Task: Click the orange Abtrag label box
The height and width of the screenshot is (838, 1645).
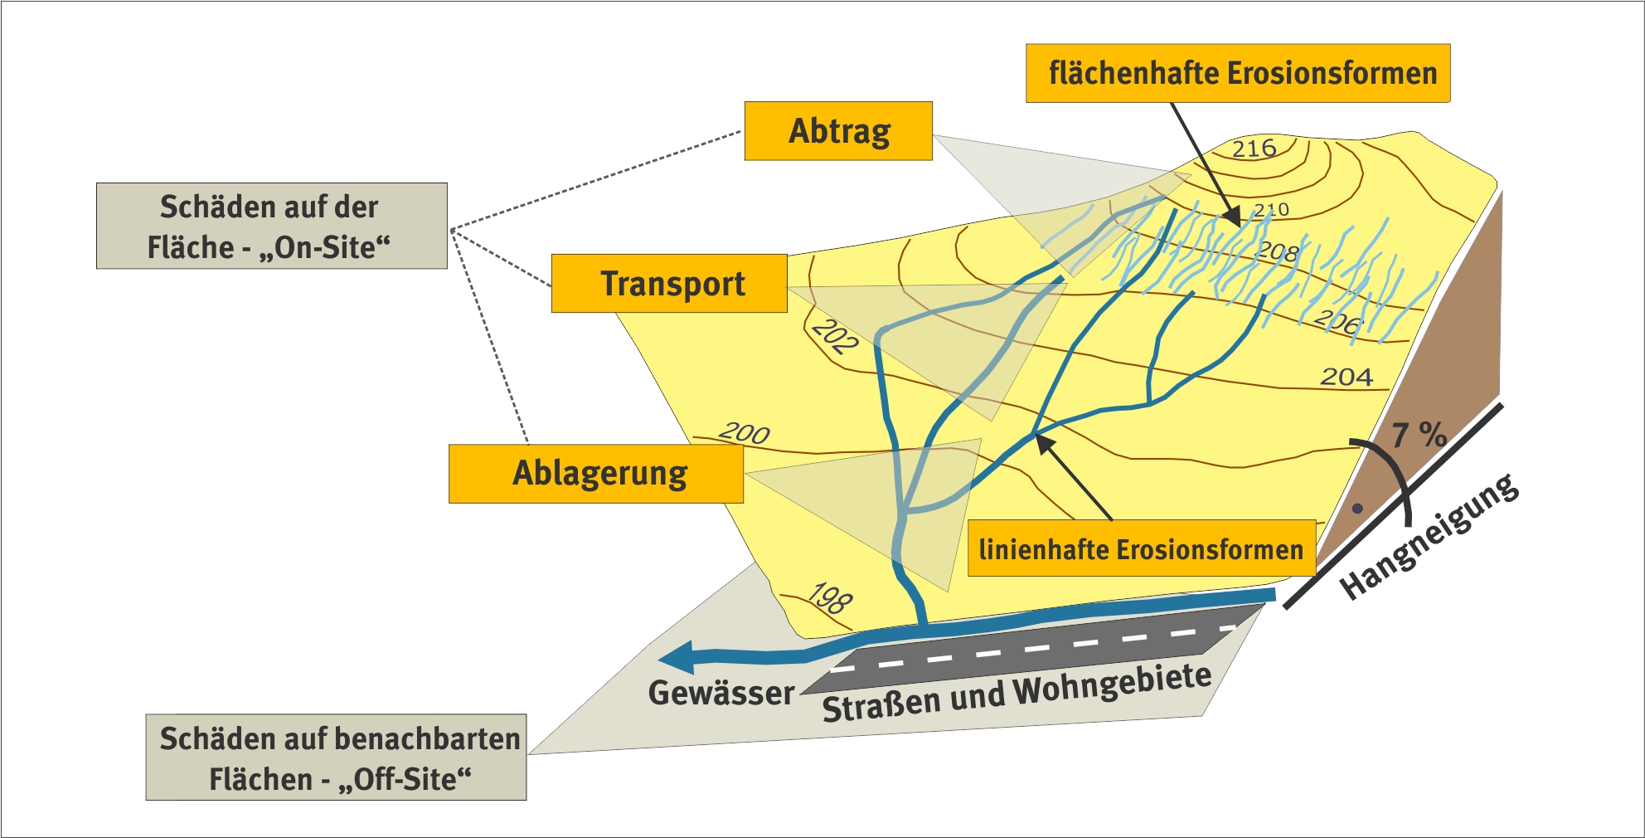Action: coord(838,131)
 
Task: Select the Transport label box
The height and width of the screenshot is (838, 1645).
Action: coord(669,284)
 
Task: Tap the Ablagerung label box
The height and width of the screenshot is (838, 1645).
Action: coord(596,474)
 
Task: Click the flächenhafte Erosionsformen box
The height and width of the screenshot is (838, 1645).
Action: coord(1238,74)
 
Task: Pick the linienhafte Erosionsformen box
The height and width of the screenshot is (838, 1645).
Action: coord(1141,548)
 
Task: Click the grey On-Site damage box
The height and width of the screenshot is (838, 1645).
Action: coord(271,226)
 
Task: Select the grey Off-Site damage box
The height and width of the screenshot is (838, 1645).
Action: coord(336,758)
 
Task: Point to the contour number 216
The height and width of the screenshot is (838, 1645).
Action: coord(1254,149)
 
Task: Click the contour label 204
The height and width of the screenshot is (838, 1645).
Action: coord(1347,377)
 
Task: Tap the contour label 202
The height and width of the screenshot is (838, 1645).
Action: coord(834,337)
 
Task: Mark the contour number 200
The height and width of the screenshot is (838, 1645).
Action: coord(744,432)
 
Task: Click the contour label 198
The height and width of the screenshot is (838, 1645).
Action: coord(830,597)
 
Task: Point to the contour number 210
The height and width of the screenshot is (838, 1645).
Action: coord(1271,210)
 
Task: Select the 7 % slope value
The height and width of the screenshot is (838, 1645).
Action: coord(1419,434)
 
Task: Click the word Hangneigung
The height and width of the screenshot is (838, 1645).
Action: coord(1429,537)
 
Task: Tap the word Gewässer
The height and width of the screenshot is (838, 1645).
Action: coord(721,693)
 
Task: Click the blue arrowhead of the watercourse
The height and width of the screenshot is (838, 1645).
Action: coord(676,657)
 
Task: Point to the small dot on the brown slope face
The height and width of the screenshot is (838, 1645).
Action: coord(1357,509)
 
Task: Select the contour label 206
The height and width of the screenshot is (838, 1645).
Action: coord(1337,321)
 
